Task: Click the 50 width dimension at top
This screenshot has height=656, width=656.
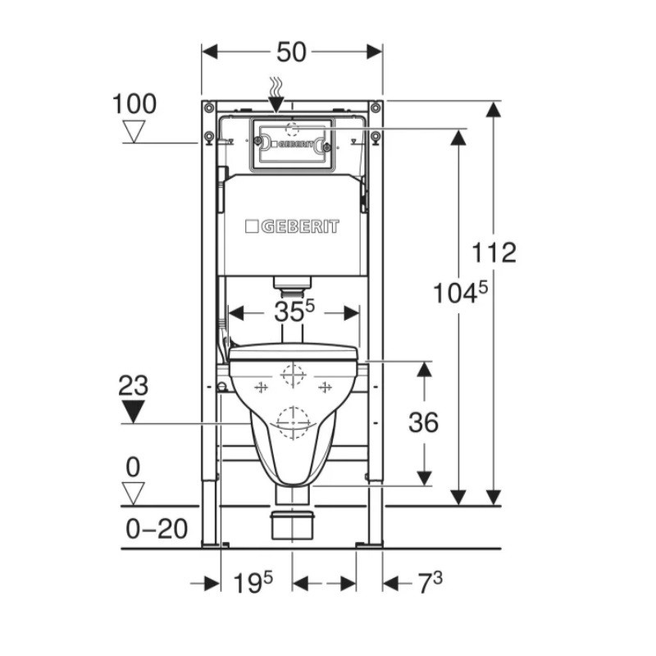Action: [292, 52]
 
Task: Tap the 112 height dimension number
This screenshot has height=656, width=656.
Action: [494, 253]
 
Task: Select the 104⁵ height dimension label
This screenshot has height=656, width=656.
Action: [460, 292]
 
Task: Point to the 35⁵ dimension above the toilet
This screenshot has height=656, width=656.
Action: [294, 312]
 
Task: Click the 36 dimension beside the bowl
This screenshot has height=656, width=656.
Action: [423, 422]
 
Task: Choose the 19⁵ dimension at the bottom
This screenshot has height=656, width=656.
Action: [253, 582]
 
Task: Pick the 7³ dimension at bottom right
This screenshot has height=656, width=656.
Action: [430, 583]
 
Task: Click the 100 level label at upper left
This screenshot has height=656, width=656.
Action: [134, 104]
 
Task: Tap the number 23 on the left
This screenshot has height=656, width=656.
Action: [133, 385]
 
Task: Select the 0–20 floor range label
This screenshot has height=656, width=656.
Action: [157, 529]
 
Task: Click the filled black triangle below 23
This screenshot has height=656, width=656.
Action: [134, 412]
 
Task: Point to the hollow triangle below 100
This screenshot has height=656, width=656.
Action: [134, 131]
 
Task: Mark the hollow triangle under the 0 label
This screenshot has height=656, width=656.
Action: [134, 494]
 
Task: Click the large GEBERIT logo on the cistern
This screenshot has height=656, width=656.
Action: [292, 226]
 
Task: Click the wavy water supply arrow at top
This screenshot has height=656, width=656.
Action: [276, 95]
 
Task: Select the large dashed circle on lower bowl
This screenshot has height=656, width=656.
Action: [294, 422]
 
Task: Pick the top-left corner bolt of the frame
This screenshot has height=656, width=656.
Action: [208, 108]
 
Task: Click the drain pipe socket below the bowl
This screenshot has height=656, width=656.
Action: [292, 526]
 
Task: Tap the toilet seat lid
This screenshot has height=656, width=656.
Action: [294, 353]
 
